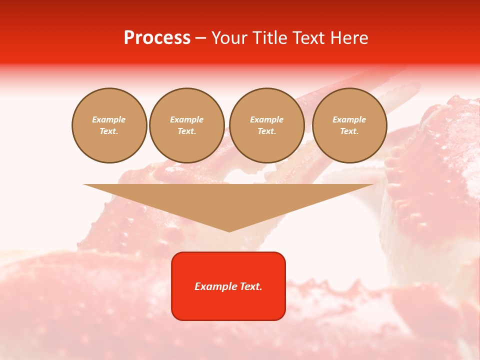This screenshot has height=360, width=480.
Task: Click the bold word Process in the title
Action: tap(157, 38)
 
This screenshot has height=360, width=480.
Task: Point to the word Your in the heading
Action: tap(230, 38)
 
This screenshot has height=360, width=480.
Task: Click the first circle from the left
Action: tap(109, 125)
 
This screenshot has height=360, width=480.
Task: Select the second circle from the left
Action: tap(187, 125)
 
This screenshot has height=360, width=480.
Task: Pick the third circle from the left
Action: tap(267, 125)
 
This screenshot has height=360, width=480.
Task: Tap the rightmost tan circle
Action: tap(349, 125)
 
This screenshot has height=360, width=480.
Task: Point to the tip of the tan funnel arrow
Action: tap(229, 231)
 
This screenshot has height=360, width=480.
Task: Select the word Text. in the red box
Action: tap(251, 286)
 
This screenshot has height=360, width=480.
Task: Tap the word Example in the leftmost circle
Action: tap(109, 120)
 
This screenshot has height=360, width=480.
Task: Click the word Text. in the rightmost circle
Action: tap(349, 131)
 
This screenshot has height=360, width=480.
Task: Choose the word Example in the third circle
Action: tap(267, 120)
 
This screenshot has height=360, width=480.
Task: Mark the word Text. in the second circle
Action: tap(187, 131)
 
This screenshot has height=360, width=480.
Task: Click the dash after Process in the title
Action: tap(200, 38)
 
